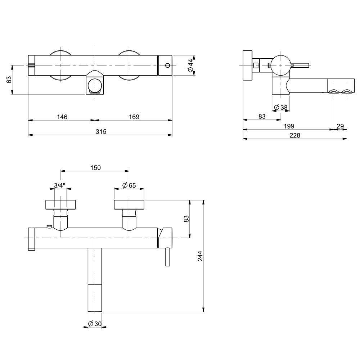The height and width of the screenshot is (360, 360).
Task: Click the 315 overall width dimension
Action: pyautogui.click(x=101, y=131)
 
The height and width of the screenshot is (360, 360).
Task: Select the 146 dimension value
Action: pyautogui.click(x=62, y=117)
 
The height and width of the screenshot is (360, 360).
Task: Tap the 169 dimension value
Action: pyautogui.click(x=134, y=117)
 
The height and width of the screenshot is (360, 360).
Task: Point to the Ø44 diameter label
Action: pyautogui.click(x=190, y=65)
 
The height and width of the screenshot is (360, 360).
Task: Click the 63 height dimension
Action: pyautogui.click(x=9, y=80)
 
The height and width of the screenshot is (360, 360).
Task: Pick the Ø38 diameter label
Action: pyautogui.click(x=281, y=107)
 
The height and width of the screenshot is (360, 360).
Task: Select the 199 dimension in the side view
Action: pyautogui.click(x=289, y=126)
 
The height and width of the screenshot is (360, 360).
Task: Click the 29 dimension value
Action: pyautogui.click(x=340, y=126)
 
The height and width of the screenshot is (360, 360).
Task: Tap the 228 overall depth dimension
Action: pyautogui.click(x=295, y=135)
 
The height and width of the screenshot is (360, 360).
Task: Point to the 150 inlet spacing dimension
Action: pyautogui.click(x=95, y=168)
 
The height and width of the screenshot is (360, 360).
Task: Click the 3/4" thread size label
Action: pyautogui.click(x=60, y=185)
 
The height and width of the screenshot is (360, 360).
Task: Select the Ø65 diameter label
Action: pyautogui.click(x=129, y=185)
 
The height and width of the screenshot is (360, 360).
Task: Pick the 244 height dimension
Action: pyautogui.click(x=200, y=256)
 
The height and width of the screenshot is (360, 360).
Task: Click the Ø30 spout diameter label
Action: pyautogui.click(x=95, y=324)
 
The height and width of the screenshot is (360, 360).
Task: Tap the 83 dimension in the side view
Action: pyautogui.click(x=262, y=117)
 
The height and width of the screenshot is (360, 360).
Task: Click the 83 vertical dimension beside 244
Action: pyautogui.click(x=186, y=219)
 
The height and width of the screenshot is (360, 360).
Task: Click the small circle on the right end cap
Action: pyautogui.click(x=168, y=66)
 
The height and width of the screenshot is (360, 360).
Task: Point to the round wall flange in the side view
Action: pyautogui.click(x=248, y=66)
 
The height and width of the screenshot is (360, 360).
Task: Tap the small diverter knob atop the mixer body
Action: pyautogui.click(x=49, y=226)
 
